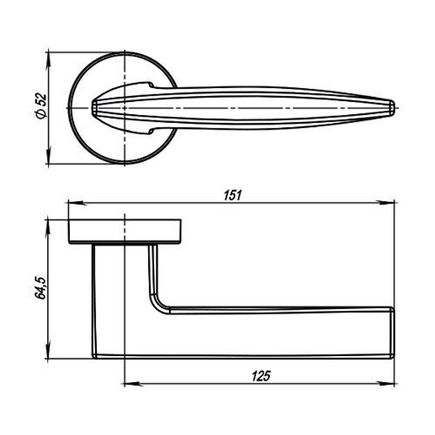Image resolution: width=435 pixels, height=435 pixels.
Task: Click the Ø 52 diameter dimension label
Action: point(40,107)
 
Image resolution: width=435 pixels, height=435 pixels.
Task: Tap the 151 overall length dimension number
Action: point(233,195)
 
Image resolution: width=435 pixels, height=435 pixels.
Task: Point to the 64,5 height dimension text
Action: point(40,288)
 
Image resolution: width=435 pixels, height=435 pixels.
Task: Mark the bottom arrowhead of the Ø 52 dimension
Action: point(47,158)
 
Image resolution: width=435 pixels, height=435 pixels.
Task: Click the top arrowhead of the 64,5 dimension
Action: point(47,226)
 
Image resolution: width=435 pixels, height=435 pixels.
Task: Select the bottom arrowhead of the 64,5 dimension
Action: point(47,353)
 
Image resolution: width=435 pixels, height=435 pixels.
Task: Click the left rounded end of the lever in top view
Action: point(94,107)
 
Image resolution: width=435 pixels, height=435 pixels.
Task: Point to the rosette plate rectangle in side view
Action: point(124,231)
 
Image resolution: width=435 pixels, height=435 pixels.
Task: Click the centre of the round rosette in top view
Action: point(124,107)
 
